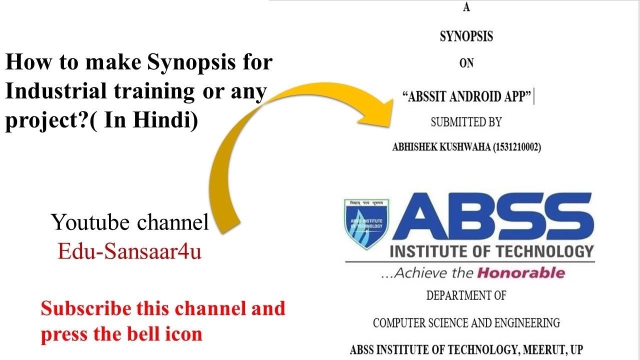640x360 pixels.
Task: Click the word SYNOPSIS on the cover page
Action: point(466,36)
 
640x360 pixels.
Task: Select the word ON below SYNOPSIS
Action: point(466,64)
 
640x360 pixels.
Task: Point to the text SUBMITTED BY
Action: point(466,122)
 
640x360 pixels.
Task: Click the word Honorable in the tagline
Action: point(520,273)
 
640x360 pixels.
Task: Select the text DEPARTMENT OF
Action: point(466,295)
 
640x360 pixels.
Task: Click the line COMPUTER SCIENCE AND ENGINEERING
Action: point(466,323)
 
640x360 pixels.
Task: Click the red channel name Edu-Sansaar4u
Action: point(129,251)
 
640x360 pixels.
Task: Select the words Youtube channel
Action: point(129,222)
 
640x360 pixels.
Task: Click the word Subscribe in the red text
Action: point(84,308)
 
